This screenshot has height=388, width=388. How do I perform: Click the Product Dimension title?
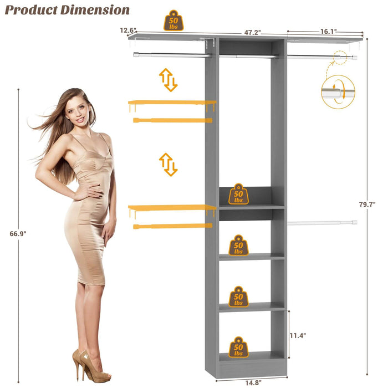click(x=68, y=10)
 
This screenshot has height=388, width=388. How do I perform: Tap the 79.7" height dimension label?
click(x=367, y=205)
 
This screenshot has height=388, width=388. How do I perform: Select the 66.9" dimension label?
click(x=18, y=234)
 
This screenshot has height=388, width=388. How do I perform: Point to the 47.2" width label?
click(x=253, y=33)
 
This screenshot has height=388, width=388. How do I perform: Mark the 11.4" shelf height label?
click(x=298, y=335)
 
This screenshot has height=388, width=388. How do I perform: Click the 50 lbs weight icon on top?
click(x=173, y=21)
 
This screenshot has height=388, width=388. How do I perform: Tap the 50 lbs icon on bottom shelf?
click(x=239, y=348)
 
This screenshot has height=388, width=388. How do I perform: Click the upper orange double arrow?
click(x=168, y=80)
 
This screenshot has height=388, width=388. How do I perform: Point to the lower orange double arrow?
click(x=168, y=165)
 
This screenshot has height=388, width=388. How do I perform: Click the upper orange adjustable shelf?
click(x=171, y=103)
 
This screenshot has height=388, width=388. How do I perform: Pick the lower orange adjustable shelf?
click(x=171, y=208)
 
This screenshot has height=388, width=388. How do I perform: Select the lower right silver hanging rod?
click(x=322, y=223)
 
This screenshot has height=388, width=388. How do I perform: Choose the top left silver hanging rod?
click(x=172, y=55)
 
